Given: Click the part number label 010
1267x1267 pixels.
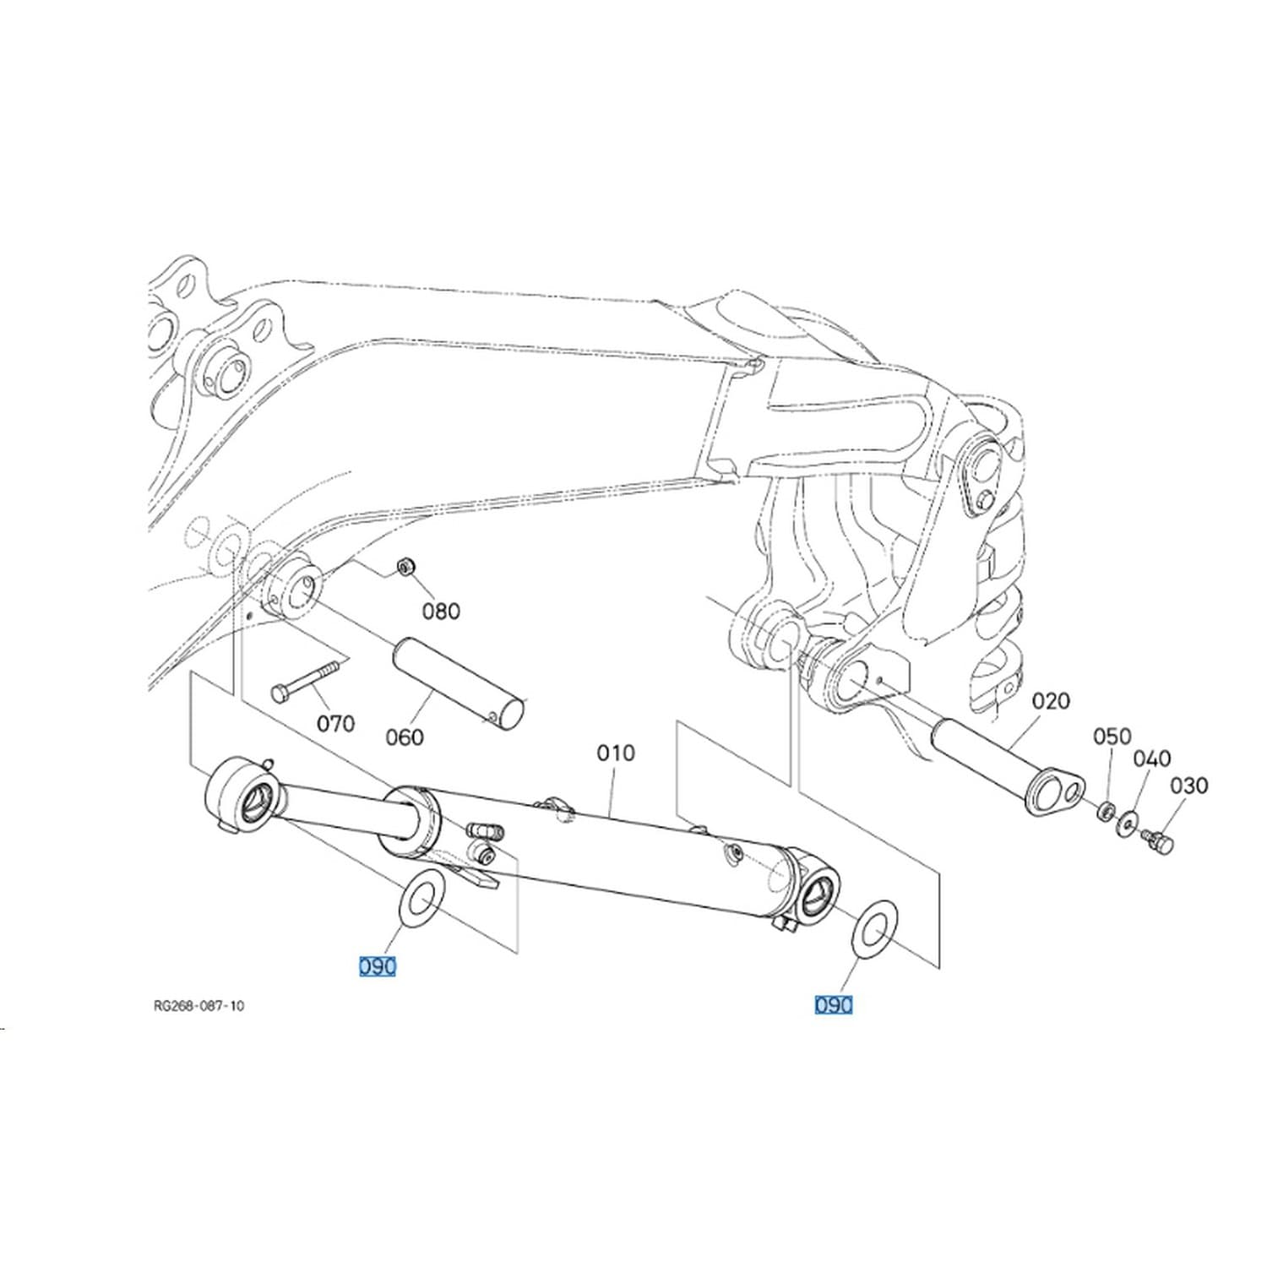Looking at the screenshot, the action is pos(615,753).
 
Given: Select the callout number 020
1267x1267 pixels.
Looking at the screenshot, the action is pos(1051,700).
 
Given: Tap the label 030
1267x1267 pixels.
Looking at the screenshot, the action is pos(1188,786).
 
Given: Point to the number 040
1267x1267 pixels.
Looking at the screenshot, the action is pos(1152,759).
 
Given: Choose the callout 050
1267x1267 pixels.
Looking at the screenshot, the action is pos(1112,737).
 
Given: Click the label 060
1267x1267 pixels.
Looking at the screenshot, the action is pos(404,737).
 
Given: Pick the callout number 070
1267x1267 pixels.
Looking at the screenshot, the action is pos(335,724).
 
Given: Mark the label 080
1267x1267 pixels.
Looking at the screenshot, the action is pos(441,611).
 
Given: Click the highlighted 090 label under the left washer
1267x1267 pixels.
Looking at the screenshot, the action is pos(378,966).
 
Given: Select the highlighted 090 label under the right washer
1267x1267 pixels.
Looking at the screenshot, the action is pos(834,1005).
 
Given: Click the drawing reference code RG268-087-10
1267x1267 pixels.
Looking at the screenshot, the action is pos(199,1006).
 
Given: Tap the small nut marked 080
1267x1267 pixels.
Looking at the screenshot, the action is pos(405,565).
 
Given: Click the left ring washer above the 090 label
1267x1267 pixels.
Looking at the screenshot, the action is pos(419,898).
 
